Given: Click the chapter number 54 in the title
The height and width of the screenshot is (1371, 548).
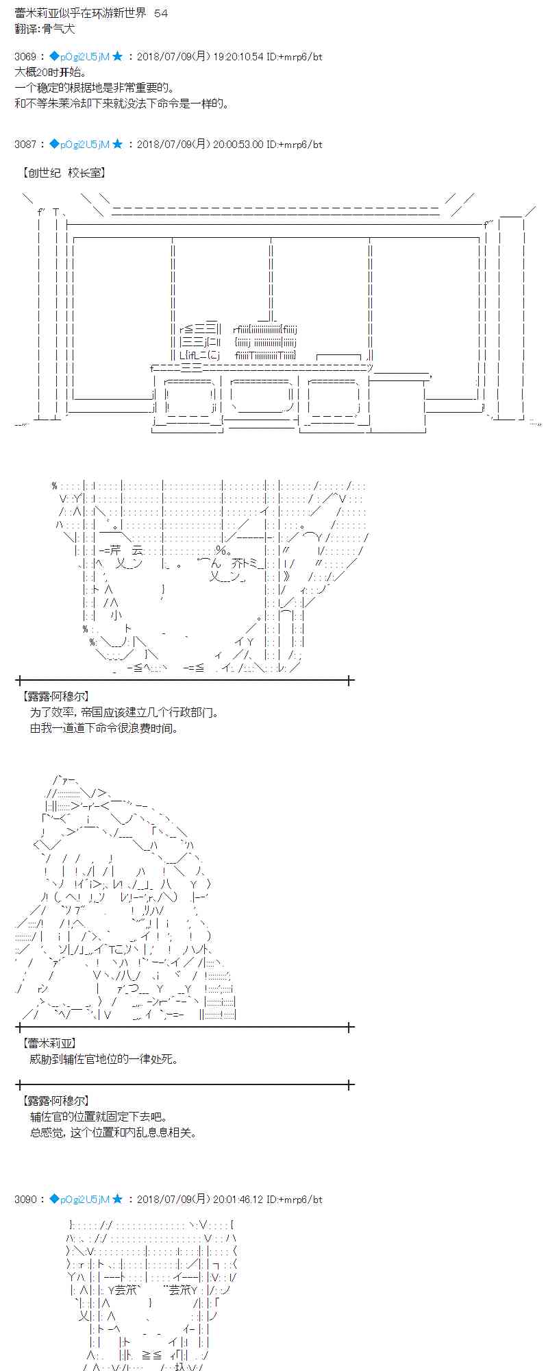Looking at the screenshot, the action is (161, 13).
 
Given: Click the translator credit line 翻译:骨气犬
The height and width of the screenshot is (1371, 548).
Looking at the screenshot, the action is (45, 29).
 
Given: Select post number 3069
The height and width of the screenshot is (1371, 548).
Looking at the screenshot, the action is (25, 57).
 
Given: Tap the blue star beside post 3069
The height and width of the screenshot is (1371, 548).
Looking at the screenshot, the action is (117, 57).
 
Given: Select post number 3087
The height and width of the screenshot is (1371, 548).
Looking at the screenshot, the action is (25, 145).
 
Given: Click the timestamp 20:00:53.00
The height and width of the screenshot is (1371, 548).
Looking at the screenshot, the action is (237, 145).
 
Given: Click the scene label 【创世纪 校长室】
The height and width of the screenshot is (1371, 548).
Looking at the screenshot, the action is (64, 173).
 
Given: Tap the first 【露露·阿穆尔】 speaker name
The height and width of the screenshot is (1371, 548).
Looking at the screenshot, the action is (55, 696).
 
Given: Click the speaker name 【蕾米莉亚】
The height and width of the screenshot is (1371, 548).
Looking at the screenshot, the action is (49, 1043).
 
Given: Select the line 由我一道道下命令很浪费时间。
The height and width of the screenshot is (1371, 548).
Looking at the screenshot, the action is (104, 728).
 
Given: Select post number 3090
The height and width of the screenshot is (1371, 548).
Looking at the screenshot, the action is (25, 1199).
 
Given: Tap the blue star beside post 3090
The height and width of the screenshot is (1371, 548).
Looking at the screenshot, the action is (117, 1199).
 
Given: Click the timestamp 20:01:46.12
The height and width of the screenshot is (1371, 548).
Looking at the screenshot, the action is (237, 1199).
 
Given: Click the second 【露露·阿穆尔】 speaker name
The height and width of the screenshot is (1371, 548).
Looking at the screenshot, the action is (55, 1101).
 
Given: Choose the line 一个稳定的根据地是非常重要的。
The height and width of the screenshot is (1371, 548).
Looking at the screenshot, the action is (94, 88).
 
